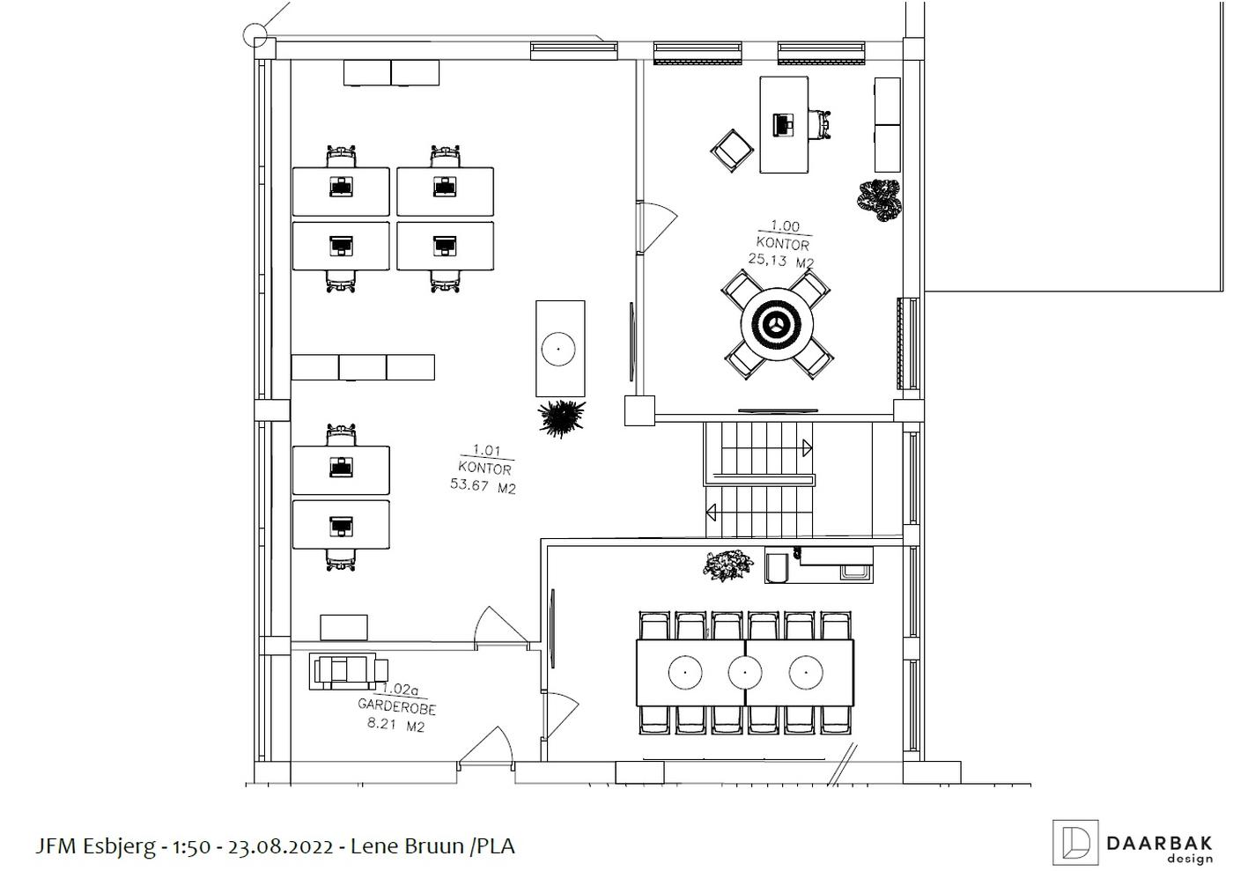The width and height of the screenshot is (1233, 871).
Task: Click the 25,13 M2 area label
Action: click(780, 260)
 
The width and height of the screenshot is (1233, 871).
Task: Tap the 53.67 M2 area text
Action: click(484, 485)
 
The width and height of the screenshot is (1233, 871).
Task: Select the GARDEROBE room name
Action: click(397, 706)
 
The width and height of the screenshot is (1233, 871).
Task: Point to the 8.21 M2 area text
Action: click(396, 725)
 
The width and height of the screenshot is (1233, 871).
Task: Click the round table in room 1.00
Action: click(777, 325)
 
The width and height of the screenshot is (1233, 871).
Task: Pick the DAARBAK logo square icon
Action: click(1075, 842)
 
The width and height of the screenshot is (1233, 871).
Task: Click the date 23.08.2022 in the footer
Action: click(281, 846)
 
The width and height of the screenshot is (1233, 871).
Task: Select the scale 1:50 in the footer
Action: click(192, 846)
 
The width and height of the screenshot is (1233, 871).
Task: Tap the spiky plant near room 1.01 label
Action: click(561, 417)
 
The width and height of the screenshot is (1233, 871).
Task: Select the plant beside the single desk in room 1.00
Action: click(880, 201)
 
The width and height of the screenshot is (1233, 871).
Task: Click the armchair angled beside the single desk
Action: click(732, 151)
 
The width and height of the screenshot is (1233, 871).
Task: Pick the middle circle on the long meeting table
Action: click(745, 672)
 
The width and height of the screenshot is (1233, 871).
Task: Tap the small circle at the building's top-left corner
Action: click(255, 35)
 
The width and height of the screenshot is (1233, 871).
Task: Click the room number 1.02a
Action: click(400, 689)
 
